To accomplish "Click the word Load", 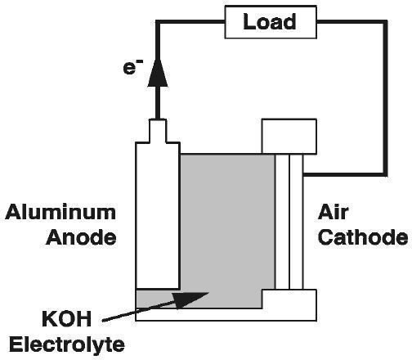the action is pyautogui.click(x=269, y=21).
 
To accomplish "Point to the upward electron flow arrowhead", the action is pyautogui.click(x=158, y=73).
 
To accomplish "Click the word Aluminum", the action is pyautogui.click(x=60, y=213).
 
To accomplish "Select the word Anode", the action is pyautogui.click(x=81, y=237).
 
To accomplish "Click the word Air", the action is pyautogui.click(x=333, y=212).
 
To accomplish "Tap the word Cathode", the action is pyautogui.click(x=363, y=237).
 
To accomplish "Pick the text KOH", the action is pyautogui.click(x=66, y=319).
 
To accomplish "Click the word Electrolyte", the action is pyautogui.click(x=67, y=345).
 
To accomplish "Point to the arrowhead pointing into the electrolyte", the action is pyautogui.click(x=190, y=299).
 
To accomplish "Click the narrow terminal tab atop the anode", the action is pyautogui.click(x=158, y=131).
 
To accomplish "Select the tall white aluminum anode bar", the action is pyautogui.click(x=158, y=215).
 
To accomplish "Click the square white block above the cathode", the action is pyautogui.click(x=289, y=137).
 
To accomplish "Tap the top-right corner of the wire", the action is pyautogui.click(x=386, y=21).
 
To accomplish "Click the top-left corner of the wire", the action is pyautogui.click(x=158, y=21).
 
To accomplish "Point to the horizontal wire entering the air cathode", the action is pyautogui.click(x=345, y=174).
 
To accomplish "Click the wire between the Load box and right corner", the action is pyautogui.click(x=352, y=21).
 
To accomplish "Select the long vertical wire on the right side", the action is pyautogui.click(x=386, y=98).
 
